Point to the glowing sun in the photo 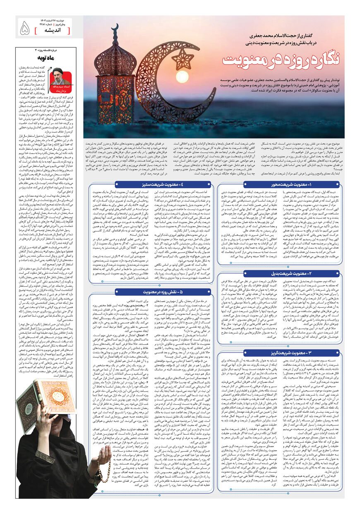(182, 77)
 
